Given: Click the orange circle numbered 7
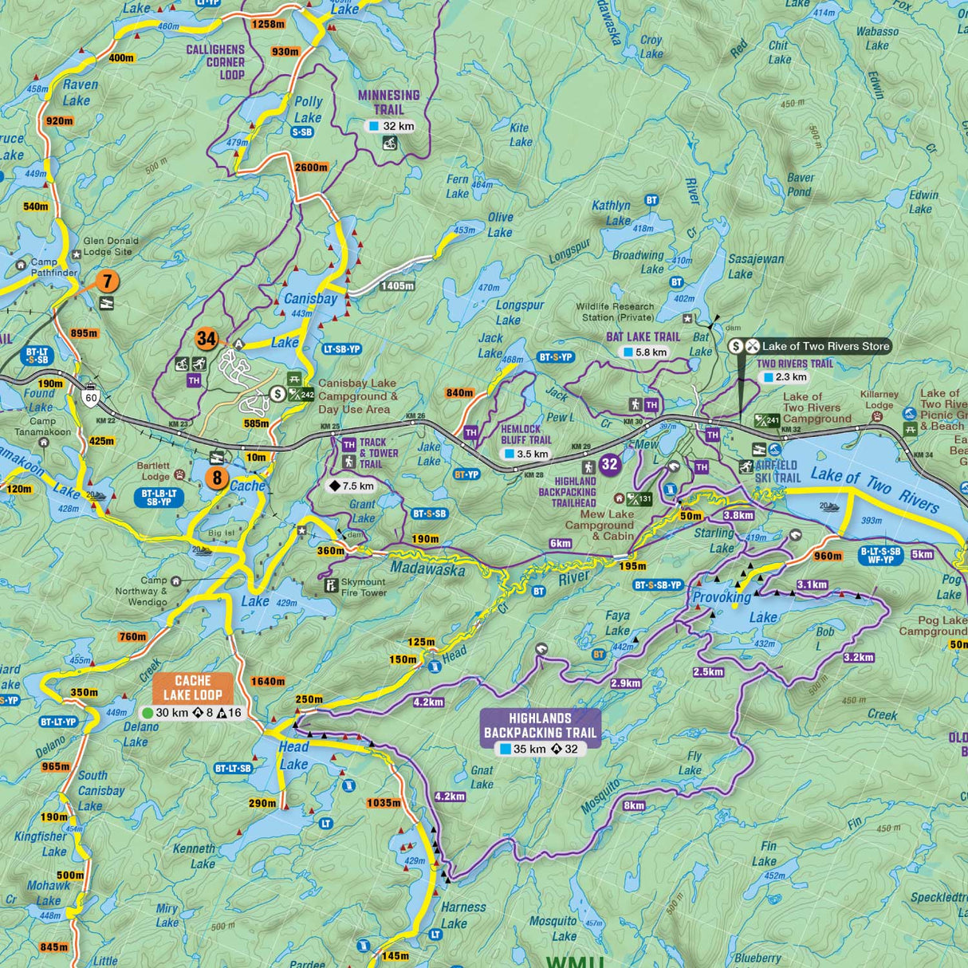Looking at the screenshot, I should pyautogui.click(x=108, y=281).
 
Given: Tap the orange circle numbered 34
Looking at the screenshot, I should pyautogui.click(x=207, y=339).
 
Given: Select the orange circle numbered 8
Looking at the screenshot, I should pyautogui.click(x=216, y=478).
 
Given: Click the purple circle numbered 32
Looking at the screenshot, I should pyautogui.click(x=610, y=464).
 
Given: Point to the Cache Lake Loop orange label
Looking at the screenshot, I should pyautogui.click(x=193, y=687).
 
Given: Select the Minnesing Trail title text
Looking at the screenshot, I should pyautogui.click(x=388, y=101).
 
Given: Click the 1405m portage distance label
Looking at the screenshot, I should pyautogui.click(x=397, y=285).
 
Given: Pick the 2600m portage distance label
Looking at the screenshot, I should pyautogui.click(x=311, y=167).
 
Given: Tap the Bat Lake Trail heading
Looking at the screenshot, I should pyautogui.click(x=643, y=336).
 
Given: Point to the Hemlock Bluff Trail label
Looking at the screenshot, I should pyautogui.click(x=526, y=435).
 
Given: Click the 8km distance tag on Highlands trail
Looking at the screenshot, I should pyautogui.click(x=634, y=805).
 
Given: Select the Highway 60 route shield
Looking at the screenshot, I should pyautogui.click(x=92, y=397).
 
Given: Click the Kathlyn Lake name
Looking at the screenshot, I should pyautogui.click(x=611, y=213).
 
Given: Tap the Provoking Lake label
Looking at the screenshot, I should pyautogui.click(x=722, y=598).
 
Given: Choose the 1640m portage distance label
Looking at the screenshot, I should pyautogui.click(x=268, y=681).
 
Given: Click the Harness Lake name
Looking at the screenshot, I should pyautogui.click(x=462, y=915).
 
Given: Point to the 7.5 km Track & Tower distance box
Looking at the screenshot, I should pyautogui.click(x=352, y=486).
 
